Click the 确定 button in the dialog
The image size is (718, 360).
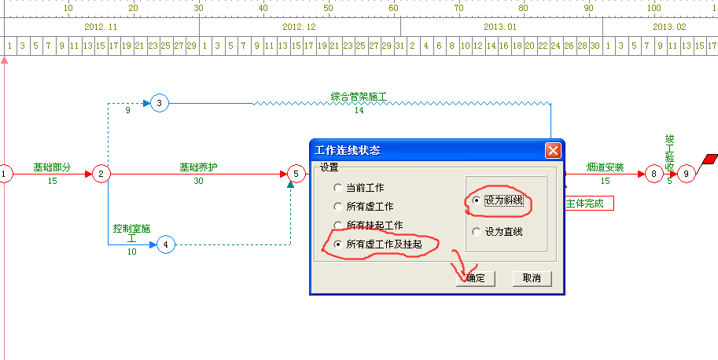(x=475, y=278)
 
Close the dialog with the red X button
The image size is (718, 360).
(x=553, y=150)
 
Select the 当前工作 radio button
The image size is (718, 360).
(x=338, y=188)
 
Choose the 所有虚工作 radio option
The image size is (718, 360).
(x=338, y=207)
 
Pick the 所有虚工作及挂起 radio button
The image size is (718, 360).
(x=338, y=244)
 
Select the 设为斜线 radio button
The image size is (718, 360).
(x=477, y=200)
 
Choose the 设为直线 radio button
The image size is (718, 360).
(x=477, y=232)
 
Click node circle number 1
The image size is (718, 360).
(x=5, y=174)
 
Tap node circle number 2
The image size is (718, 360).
(x=101, y=174)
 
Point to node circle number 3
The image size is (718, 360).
(x=160, y=104)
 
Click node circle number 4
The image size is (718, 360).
(x=166, y=244)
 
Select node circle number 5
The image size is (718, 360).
(x=296, y=174)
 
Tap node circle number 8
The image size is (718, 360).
(x=654, y=174)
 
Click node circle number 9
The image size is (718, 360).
(x=686, y=174)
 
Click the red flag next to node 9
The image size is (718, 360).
(x=710, y=160)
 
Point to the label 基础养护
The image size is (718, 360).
(x=198, y=167)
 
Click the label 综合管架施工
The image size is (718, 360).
(x=359, y=97)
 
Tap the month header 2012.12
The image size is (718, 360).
(x=300, y=27)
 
